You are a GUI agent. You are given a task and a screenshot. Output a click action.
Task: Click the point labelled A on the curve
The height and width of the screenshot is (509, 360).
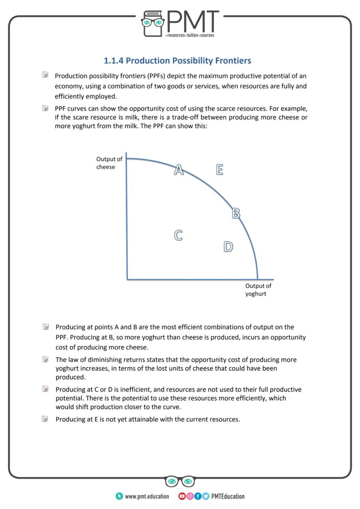pyautogui.click(x=178, y=170)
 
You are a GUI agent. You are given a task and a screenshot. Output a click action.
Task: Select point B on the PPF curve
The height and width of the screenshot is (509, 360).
pyautogui.click(x=236, y=213)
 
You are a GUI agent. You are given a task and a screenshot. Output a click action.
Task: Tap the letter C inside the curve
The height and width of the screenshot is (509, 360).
pyautogui.click(x=178, y=235)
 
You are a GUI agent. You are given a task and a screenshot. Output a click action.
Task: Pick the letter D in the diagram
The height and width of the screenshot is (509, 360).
pyautogui.click(x=227, y=247)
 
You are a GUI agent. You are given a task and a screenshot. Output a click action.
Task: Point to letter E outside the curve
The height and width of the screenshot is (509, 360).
pyautogui.click(x=220, y=170)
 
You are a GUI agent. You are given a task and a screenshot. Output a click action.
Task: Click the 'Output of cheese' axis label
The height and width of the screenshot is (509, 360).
pyautogui.click(x=109, y=163)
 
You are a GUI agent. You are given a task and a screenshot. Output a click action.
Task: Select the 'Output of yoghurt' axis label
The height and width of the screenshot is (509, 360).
pyautogui.click(x=258, y=289)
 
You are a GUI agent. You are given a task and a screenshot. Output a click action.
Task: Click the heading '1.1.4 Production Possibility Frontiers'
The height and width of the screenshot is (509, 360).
pyautogui.click(x=177, y=60)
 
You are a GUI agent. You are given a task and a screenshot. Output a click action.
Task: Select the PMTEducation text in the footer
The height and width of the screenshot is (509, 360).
pyautogui.click(x=228, y=496)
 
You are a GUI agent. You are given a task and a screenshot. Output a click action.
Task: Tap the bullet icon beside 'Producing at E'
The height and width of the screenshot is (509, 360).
pyautogui.click(x=45, y=419)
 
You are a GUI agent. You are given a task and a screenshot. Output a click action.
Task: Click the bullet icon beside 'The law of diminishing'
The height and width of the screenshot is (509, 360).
pyautogui.click(x=45, y=359)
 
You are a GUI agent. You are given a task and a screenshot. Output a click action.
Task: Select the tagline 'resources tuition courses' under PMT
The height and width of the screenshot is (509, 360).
pyautogui.click(x=190, y=36)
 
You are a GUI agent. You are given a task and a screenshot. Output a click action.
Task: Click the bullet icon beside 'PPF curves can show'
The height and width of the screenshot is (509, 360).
pyautogui.click(x=45, y=108)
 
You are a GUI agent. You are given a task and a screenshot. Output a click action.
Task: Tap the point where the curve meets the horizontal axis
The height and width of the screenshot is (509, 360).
pyautogui.click(x=257, y=279)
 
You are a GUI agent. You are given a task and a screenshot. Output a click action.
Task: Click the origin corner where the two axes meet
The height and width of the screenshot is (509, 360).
pyautogui.click(x=127, y=279)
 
